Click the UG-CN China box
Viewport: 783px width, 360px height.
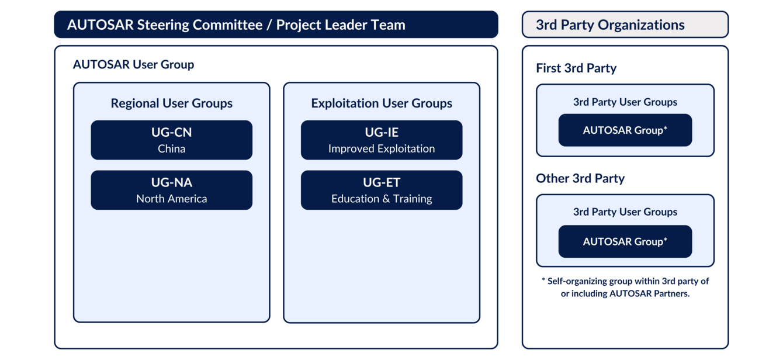(x=171, y=140)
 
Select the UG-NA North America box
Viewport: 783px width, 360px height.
(x=171, y=190)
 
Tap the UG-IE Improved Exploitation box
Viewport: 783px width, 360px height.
(x=381, y=140)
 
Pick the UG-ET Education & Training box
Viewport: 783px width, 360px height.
(x=381, y=190)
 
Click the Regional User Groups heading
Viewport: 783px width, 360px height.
(x=171, y=103)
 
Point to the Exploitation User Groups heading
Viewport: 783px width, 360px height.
(x=381, y=103)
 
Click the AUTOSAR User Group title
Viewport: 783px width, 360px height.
(x=133, y=64)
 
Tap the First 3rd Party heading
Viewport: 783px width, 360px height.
(x=576, y=68)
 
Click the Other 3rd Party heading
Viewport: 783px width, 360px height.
(x=580, y=178)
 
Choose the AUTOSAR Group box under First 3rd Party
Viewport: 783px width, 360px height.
(x=625, y=130)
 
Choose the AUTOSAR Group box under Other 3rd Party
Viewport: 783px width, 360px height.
(x=625, y=241)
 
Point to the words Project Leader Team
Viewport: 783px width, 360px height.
(x=341, y=25)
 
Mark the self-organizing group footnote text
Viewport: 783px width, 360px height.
(x=625, y=287)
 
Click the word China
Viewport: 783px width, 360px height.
(x=171, y=148)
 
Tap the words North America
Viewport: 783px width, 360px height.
(x=171, y=199)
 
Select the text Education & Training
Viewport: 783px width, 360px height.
(x=381, y=199)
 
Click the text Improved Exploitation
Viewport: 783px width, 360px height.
(x=381, y=148)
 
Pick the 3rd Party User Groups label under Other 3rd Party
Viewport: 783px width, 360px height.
(x=625, y=212)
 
